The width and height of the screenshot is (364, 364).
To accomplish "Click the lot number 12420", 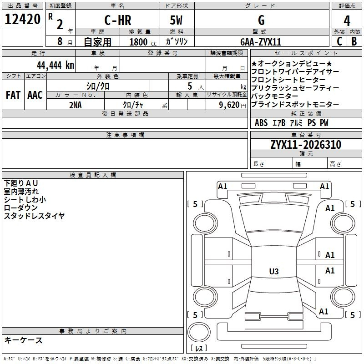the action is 22,19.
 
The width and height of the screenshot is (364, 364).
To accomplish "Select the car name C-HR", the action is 118,20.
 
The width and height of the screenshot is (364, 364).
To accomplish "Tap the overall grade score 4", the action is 347,21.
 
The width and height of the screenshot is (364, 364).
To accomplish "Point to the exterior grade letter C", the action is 339,41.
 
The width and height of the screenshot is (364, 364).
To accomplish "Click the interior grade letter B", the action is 354,41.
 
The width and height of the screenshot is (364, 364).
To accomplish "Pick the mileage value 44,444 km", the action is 56,66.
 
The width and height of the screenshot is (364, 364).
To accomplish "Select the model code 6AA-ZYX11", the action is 261,42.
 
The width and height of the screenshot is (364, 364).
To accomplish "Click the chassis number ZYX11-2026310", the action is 306,145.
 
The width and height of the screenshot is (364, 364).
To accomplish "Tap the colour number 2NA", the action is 76,105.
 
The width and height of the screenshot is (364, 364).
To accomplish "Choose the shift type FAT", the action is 13,95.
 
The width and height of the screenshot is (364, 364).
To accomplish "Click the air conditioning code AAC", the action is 35,95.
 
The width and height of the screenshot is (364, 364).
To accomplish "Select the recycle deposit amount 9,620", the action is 229,105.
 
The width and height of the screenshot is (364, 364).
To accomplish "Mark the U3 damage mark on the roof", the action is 274,271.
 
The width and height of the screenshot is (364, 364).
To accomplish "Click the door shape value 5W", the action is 176,20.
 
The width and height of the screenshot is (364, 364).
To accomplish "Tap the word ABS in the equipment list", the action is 261,123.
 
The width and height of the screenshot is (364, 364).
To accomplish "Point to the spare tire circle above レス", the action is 199,332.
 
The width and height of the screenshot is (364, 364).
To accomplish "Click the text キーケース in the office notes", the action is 24,340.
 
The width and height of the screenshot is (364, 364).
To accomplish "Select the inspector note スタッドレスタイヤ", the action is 35,216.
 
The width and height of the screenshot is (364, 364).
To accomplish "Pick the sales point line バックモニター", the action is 275,96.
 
